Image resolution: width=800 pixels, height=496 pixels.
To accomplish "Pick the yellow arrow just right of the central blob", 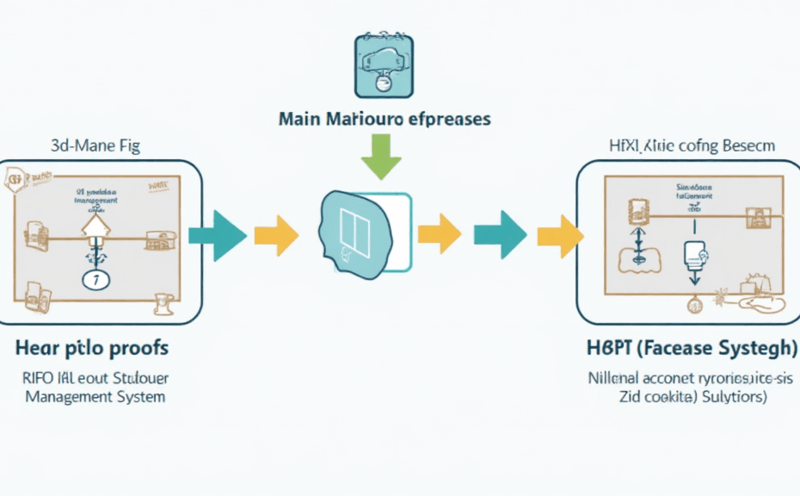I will (x=440, y=233).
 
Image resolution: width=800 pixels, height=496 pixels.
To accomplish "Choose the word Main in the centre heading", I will (x=300, y=118).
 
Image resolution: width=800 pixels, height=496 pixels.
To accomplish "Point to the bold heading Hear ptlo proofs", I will (x=91, y=349).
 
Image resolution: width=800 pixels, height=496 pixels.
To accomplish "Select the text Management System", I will (x=95, y=397).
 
